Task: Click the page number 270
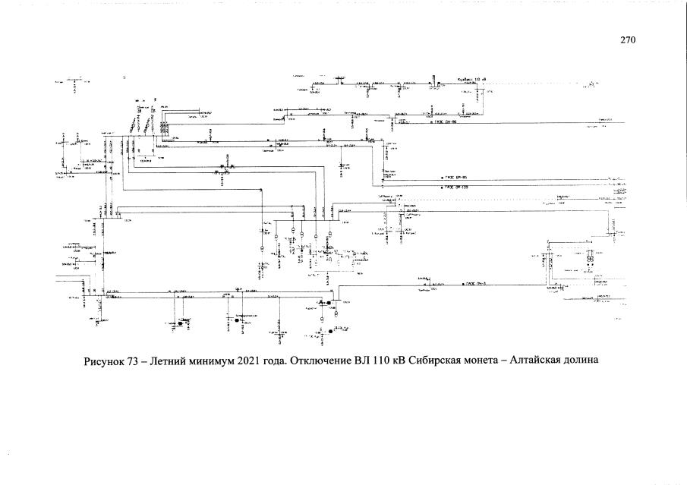(x=627, y=40)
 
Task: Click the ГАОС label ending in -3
(x=475, y=283)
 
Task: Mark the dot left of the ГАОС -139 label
(x=441, y=184)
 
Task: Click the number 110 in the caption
(x=389, y=360)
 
